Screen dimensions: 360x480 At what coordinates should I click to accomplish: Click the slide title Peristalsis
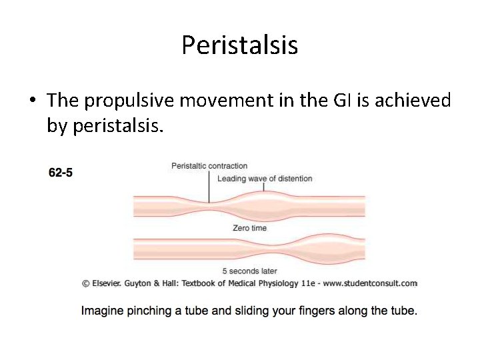[239, 45]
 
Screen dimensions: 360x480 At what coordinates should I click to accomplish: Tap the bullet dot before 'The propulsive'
[32, 101]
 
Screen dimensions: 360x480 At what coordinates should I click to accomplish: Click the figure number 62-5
[61, 173]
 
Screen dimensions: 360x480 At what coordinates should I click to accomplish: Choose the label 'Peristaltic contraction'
[209, 166]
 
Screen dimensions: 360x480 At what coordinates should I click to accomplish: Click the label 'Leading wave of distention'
[265, 178]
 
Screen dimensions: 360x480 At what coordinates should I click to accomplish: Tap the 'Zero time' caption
[249, 228]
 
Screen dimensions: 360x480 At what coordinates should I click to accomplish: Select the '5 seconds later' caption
[249, 271]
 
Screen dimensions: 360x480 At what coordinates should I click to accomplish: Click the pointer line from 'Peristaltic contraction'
[209, 186]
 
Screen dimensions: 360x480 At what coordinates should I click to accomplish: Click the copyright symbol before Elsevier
[86, 283]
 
